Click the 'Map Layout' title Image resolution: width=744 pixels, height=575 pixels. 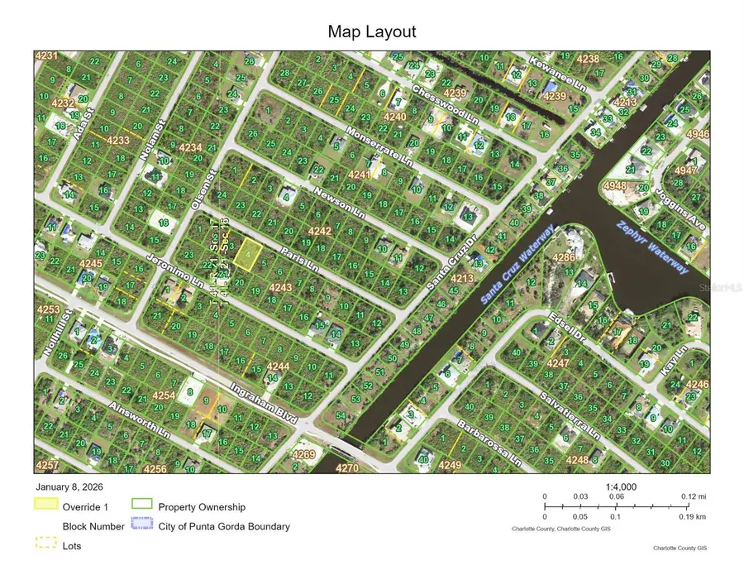pyautogui.click(x=371, y=32)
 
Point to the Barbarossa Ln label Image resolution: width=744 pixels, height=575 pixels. pyautogui.click(x=488, y=445)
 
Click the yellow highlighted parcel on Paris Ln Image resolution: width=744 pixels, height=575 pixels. pyautogui.click(x=245, y=255)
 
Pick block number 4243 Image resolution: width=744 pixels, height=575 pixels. pyautogui.click(x=280, y=287)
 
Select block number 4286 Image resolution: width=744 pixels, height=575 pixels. pyautogui.click(x=563, y=258)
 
